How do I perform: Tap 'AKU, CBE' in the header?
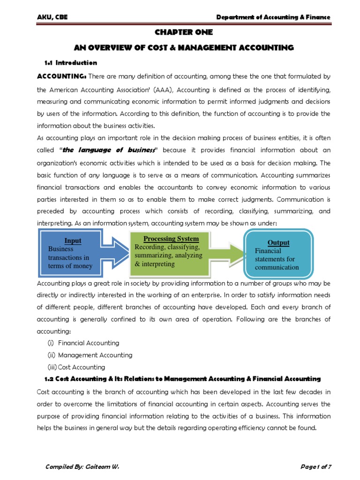(52, 17)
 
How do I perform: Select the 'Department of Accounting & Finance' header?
(273, 17)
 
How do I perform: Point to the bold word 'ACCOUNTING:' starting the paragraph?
(61, 76)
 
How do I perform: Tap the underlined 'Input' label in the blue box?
(73, 240)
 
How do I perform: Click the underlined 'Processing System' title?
(171, 239)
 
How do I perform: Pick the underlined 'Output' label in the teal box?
(278, 243)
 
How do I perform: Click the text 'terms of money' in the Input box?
(70, 266)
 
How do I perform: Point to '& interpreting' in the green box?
(155, 264)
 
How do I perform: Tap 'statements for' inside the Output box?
(275, 259)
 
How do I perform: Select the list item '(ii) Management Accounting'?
(90, 355)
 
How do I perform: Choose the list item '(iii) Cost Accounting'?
(76, 367)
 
